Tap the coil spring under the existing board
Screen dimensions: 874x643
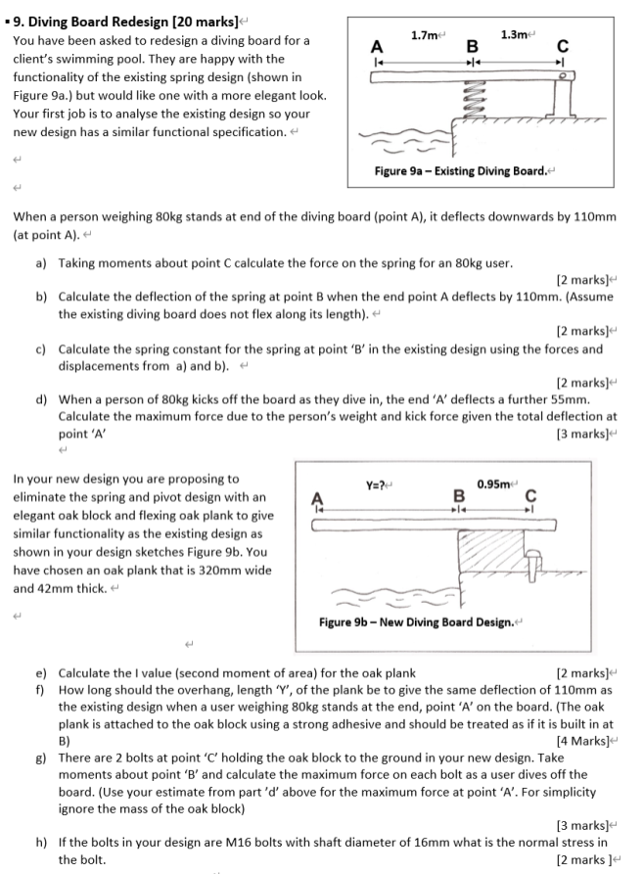pyautogui.click(x=469, y=96)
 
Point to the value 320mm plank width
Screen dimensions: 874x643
pyautogui.click(x=214, y=571)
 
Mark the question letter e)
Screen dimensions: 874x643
pyautogui.click(x=42, y=673)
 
